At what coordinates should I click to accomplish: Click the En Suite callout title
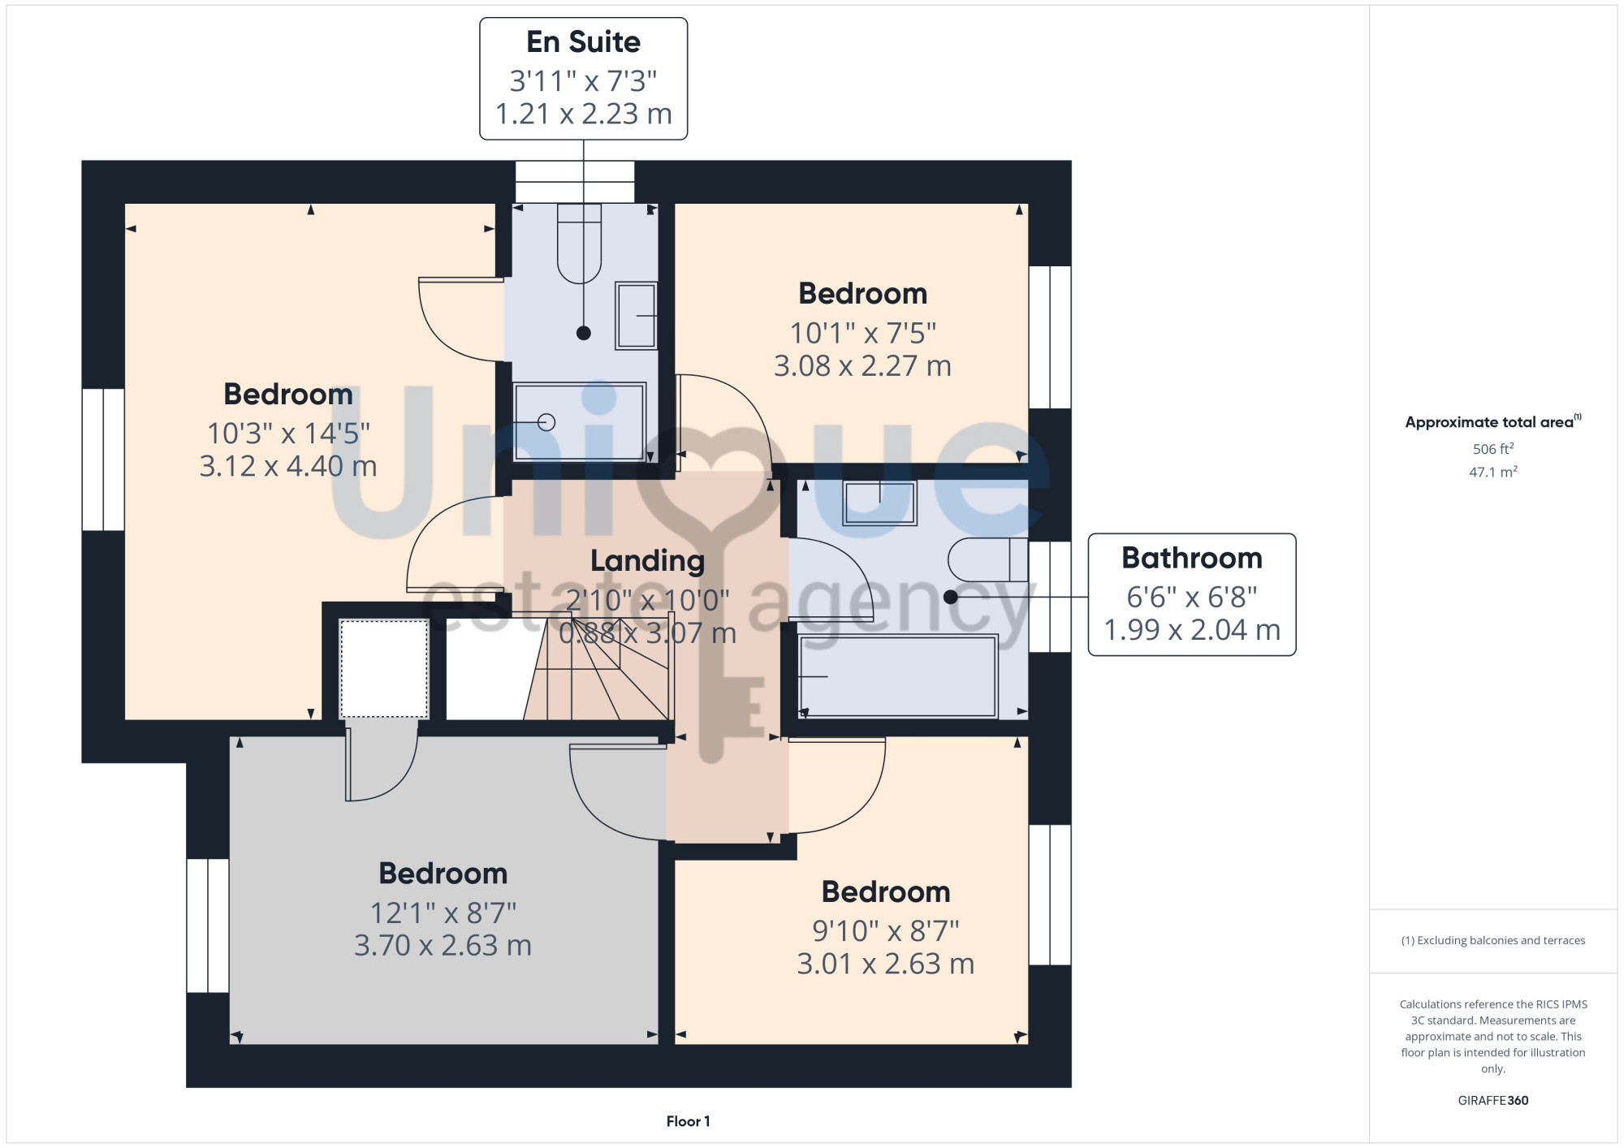583,41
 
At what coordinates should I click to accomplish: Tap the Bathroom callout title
1191,558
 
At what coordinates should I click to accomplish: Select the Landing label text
647,561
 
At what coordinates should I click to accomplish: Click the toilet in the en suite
579,244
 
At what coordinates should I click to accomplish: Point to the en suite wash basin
636,316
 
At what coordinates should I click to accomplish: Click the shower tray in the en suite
580,421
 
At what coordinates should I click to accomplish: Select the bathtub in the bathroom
898,676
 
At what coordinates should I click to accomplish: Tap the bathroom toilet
988,559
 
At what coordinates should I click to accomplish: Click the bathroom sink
880,503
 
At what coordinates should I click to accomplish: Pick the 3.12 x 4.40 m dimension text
288,466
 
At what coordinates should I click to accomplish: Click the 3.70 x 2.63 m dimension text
443,945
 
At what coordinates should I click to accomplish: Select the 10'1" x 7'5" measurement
863,333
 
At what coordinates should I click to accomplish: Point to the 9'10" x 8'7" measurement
886,930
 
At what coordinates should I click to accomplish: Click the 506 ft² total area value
1493,448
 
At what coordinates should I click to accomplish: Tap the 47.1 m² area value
1493,472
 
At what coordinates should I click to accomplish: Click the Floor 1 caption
688,1121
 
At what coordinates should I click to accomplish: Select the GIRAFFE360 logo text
1493,1101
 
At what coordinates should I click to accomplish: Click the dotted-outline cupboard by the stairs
383,668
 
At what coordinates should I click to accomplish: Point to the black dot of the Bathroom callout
951,597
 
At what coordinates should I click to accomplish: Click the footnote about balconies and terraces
1493,940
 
